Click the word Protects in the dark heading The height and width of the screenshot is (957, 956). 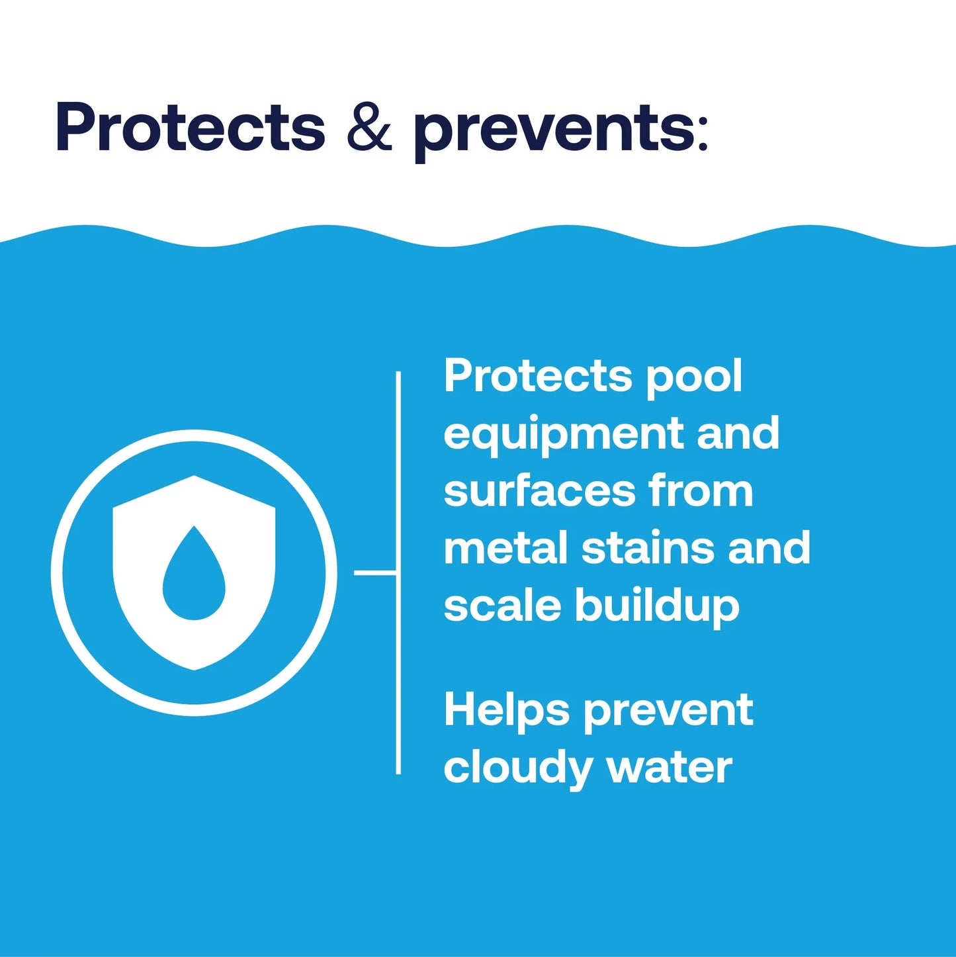[x=191, y=127]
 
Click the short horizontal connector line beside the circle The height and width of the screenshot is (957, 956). [x=375, y=572]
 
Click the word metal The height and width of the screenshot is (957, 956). [x=505, y=549]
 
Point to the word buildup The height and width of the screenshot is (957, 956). [x=657, y=607]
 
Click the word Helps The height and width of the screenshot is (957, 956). [x=506, y=710]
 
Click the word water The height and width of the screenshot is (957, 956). [x=669, y=768]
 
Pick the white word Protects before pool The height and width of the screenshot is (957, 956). [x=538, y=376]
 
